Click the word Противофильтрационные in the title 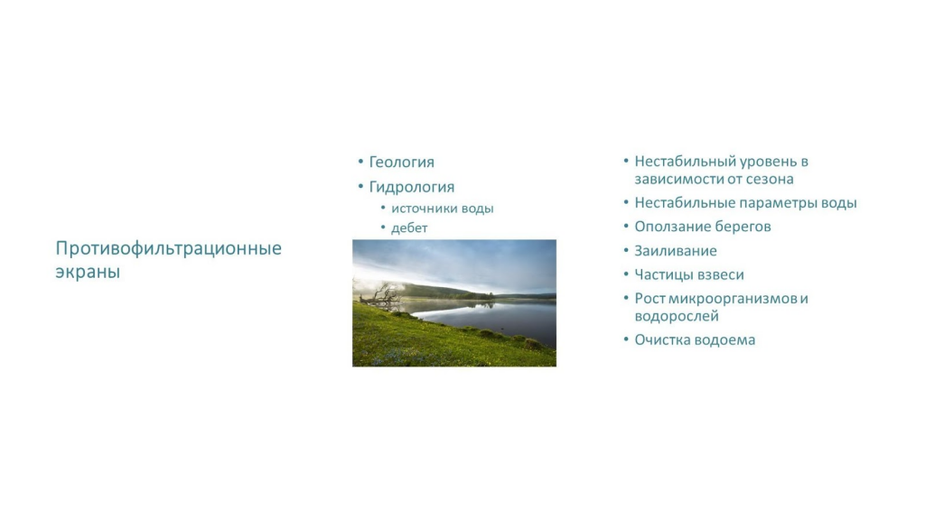(169, 249)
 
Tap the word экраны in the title (88, 272)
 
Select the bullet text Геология (402, 162)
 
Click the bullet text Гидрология (412, 188)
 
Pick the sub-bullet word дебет (409, 228)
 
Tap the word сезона (771, 180)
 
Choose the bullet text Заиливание (676, 251)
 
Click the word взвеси (722, 274)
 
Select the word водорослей (677, 317)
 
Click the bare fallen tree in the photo (380, 295)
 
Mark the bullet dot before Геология (360, 162)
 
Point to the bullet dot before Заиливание (626, 251)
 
